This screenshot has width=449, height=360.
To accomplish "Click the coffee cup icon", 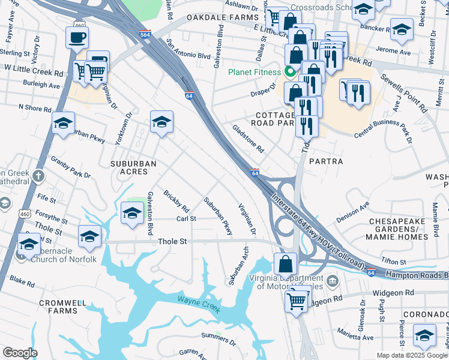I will click(77, 38).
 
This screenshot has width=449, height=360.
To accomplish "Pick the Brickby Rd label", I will click(176, 203).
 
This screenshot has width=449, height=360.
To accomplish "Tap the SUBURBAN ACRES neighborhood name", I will click(133, 167).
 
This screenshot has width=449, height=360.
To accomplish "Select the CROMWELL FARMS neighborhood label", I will click(64, 307).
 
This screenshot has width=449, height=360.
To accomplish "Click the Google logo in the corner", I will click(20, 353).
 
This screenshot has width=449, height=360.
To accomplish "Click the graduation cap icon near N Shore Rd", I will click(63, 123).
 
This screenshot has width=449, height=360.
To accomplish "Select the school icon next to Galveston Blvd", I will click(133, 213).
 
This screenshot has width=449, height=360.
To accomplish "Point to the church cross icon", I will click(38, 176).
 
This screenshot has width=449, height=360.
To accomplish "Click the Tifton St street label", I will click(394, 260).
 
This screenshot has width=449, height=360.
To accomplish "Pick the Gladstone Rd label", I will click(248, 138).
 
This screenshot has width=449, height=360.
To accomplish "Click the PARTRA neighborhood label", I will click(326, 161).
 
